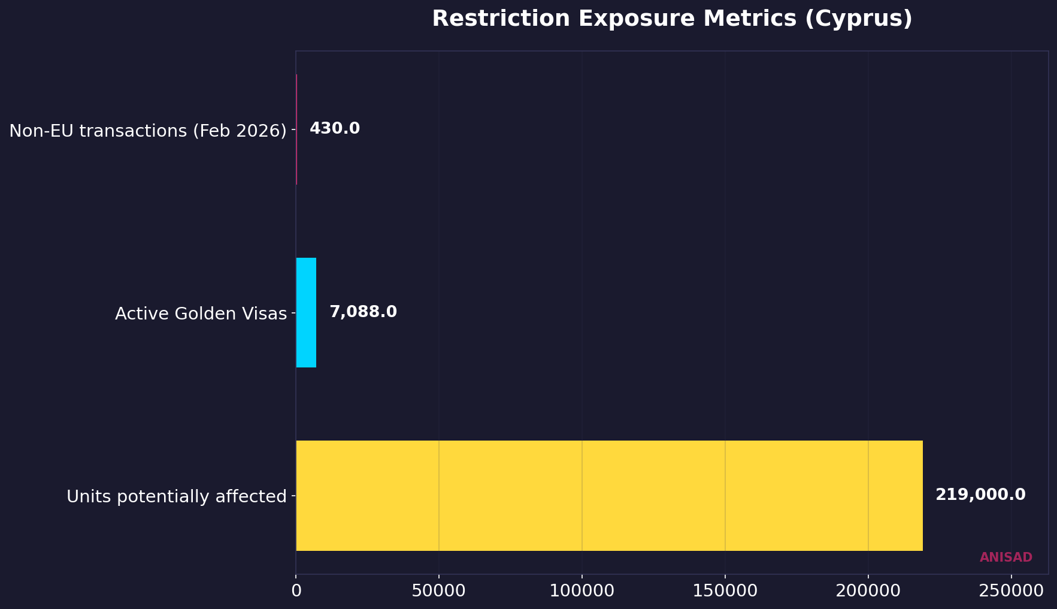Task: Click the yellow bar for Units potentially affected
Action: (x=609, y=496)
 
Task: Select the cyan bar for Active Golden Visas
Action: (x=306, y=312)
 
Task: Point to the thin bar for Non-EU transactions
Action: (x=296, y=129)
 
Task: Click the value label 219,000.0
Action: (x=980, y=495)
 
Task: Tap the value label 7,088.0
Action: (x=363, y=312)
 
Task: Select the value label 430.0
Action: (x=335, y=129)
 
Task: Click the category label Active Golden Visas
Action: (x=201, y=313)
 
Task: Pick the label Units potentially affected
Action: (x=177, y=497)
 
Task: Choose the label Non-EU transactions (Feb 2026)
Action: (x=148, y=131)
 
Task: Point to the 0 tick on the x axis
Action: (x=296, y=590)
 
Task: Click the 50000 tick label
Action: (x=439, y=590)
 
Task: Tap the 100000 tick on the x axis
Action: (x=582, y=590)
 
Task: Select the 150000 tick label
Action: (x=725, y=590)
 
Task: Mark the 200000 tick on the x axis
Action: (x=868, y=590)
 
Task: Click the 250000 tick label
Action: (x=1011, y=590)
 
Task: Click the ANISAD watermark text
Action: (x=1005, y=557)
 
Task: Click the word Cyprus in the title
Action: (x=858, y=19)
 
